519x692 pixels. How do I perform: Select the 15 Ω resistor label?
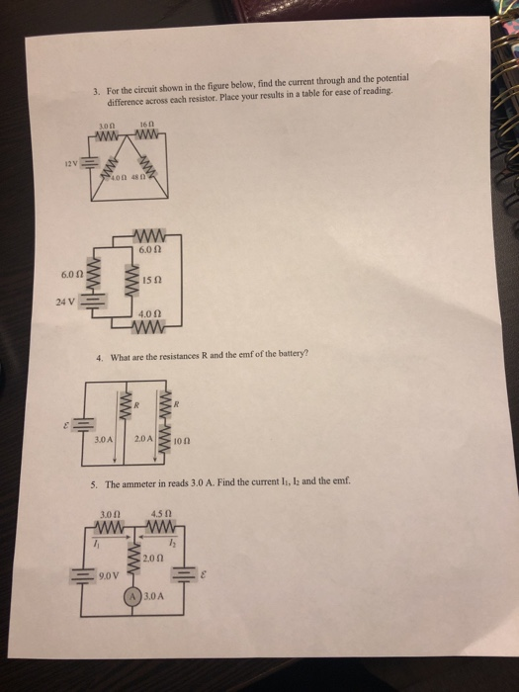151,282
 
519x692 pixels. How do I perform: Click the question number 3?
94,91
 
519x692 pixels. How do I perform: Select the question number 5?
95,486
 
